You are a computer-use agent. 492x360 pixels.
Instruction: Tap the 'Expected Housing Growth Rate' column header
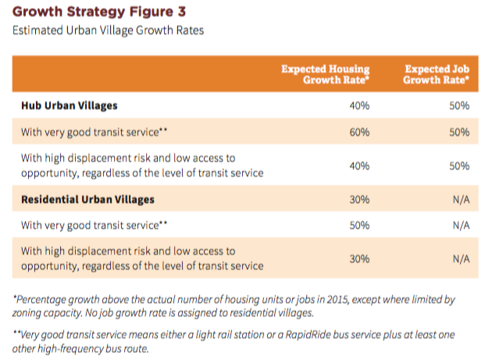tap(325, 75)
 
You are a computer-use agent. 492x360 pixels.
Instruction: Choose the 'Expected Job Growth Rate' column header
tap(437, 75)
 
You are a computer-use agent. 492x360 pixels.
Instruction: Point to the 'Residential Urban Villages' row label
tap(87, 199)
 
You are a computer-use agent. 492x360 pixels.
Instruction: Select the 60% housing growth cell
tap(358, 132)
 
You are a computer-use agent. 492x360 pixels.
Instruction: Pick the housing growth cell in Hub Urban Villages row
tap(358, 105)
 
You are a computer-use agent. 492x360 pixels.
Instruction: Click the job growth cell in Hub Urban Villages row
tap(458, 105)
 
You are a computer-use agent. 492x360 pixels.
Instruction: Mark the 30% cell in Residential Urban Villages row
tap(358, 199)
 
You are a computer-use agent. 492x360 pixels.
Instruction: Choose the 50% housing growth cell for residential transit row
tap(358, 226)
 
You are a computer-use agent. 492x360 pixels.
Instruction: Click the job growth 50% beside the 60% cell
tap(458, 132)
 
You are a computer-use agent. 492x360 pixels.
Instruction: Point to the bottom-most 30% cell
tap(358, 259)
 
